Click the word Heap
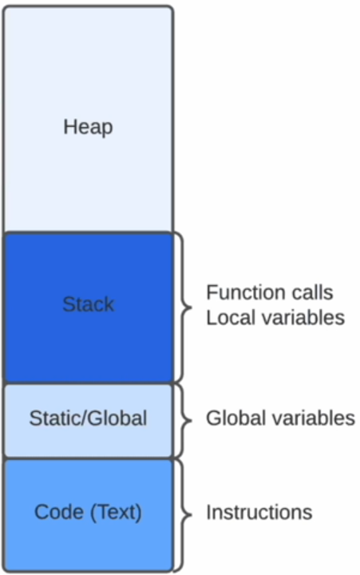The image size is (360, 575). [x=88, y=128]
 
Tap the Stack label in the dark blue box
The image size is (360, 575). [x=89, y=304]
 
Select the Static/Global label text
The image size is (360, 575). [x=88, y=418]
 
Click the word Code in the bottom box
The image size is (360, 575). [x=58, y=512]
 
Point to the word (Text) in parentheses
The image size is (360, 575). [x=116, y=512]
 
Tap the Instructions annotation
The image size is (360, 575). [x=259, y=512]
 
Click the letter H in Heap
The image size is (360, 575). [x=69, y=126]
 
